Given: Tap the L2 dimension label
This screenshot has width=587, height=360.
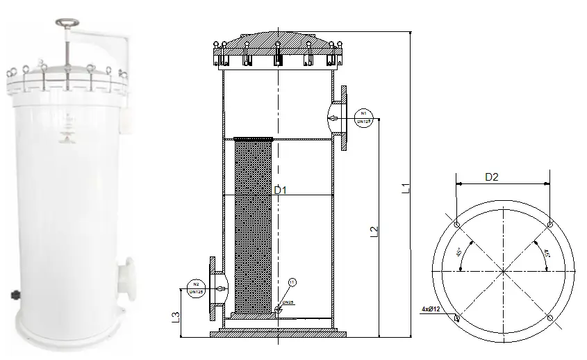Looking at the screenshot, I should [373, 232].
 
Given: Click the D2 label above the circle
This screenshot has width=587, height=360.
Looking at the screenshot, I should [491, 177].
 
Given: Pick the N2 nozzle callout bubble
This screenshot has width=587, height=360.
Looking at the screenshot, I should [196, 287].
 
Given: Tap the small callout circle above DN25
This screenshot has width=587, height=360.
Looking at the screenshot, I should [292, 281].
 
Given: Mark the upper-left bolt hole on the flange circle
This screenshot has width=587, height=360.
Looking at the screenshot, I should [456, 225].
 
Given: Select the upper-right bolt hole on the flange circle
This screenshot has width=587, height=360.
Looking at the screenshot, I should [549, 224].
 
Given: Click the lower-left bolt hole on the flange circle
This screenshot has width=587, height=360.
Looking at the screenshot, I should [457, 318].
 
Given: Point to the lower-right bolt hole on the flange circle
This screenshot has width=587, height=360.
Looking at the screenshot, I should [549, 318].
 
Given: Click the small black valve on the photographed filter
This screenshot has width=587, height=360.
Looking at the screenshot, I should [14, 296].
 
